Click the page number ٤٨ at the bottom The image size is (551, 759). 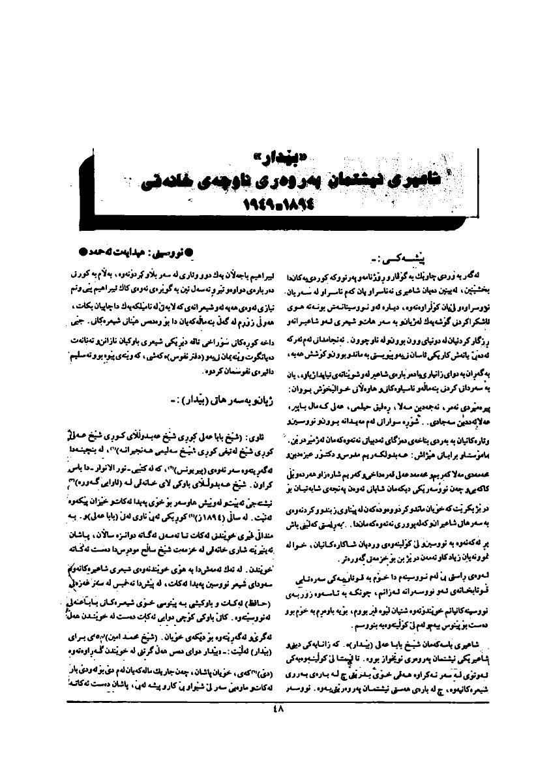click(x=275, y=712)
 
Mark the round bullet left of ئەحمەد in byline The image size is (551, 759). click(x=81, y=250)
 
